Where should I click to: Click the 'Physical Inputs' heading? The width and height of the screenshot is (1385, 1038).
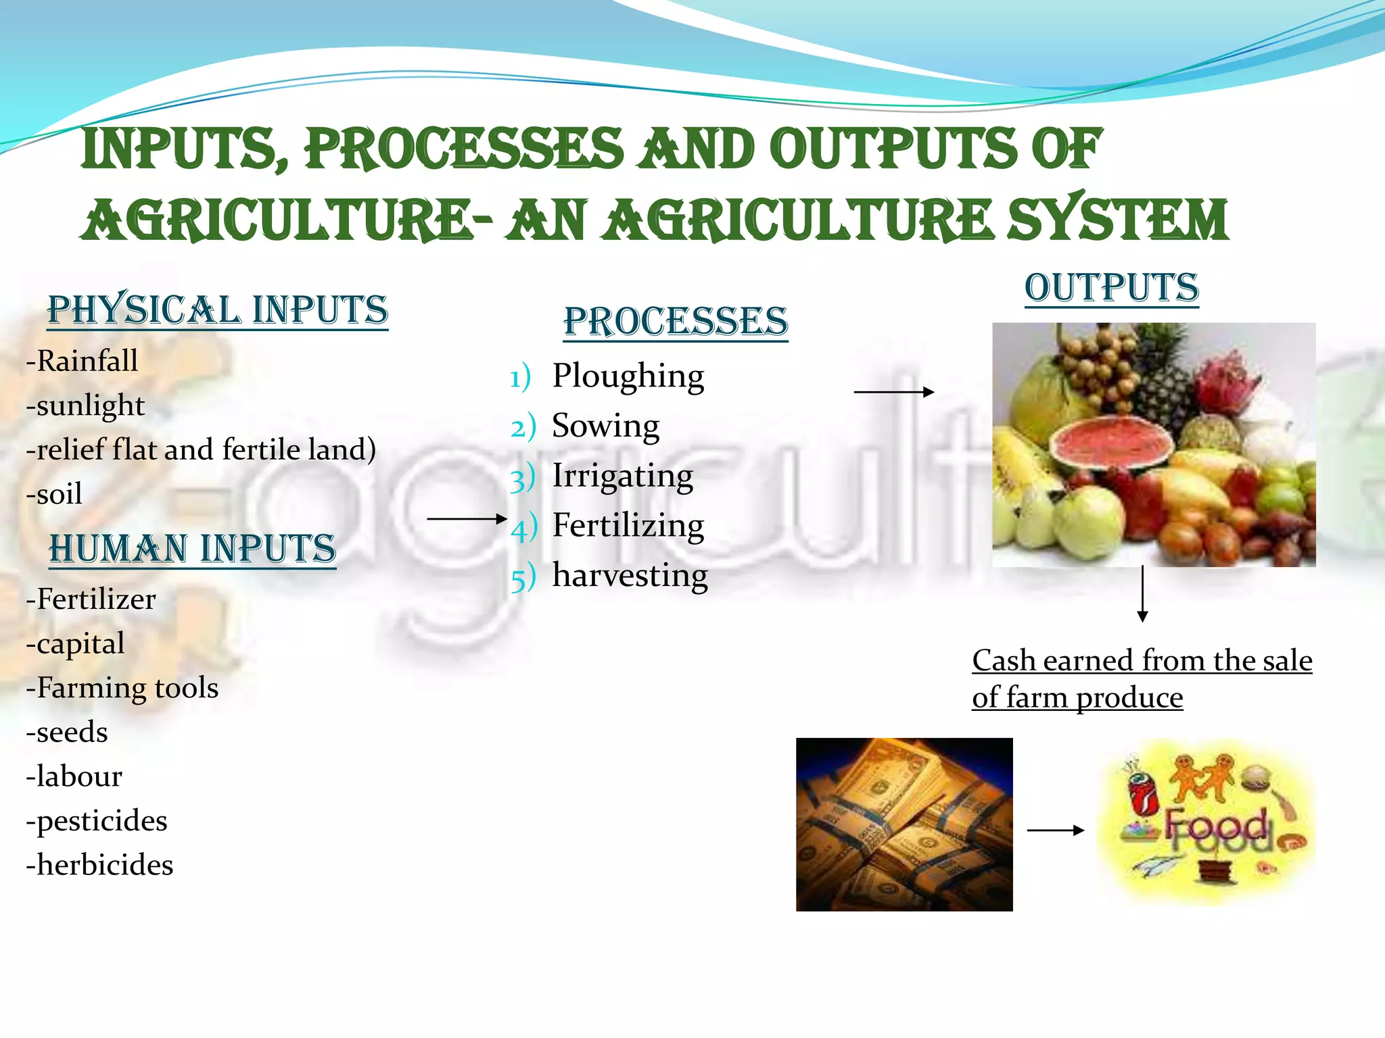218,310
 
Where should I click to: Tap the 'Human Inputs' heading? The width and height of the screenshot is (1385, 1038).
193,548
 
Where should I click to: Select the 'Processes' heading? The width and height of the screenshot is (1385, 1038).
676,321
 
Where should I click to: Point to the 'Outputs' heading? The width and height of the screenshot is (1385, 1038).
1111,288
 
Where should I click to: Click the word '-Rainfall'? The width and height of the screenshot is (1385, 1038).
82,361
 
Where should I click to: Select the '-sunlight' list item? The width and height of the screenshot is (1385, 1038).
85,405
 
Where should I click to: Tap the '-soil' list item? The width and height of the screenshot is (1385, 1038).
54,494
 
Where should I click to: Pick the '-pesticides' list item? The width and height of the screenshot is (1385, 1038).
97,820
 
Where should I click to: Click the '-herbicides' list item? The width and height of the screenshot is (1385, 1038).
99,865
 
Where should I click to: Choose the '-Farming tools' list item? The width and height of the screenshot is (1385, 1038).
122,688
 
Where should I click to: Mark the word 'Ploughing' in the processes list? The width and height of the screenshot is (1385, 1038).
628,376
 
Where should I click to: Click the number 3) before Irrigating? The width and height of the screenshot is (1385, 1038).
522,478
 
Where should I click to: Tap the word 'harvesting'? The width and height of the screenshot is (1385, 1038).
630,576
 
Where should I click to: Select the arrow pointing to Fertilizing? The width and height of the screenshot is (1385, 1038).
467,519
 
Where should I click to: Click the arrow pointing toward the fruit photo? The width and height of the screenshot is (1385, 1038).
893,391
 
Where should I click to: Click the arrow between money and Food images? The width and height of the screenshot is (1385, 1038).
1055,830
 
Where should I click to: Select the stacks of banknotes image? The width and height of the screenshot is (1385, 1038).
904,824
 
